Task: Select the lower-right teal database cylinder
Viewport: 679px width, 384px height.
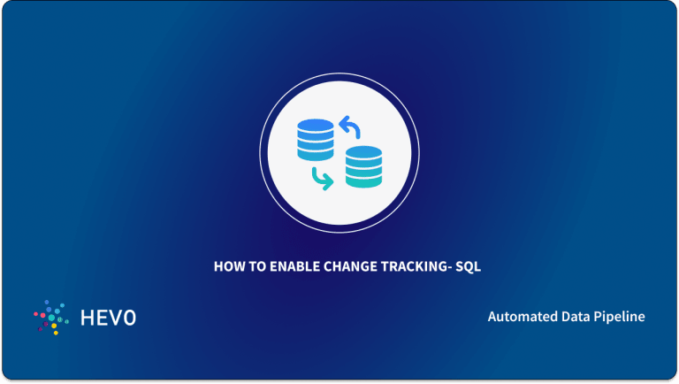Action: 363,166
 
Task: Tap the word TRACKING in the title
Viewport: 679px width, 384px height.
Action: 403,265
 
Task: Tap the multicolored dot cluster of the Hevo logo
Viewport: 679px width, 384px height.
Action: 50,317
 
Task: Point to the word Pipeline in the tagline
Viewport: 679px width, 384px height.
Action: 621,317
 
